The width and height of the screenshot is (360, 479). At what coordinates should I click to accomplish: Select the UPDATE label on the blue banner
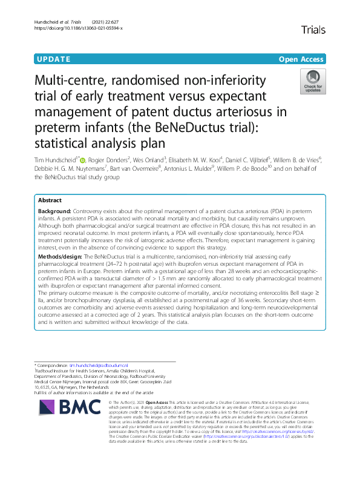(x=53, y=59)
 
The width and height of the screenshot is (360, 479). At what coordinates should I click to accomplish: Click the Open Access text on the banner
(x=301, y=59)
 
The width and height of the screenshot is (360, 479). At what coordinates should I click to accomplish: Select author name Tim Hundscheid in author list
(x=56, y=159)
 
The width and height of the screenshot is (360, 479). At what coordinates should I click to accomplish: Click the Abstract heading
(x=50, y=200)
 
